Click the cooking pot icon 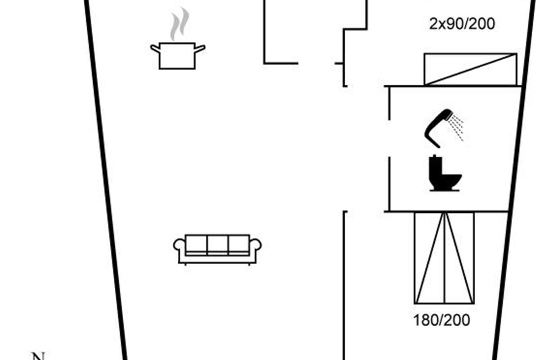click(177, 56)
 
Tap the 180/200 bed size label click(441, 320)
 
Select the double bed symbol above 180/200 click(444, 257)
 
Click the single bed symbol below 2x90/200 click(471, 69)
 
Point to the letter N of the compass click(39, 356)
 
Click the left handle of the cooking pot click(154, 48)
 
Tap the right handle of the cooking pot click(200, 48)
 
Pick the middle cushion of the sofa click(217, 244)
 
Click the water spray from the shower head click(457, 126)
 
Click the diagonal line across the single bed click(471, 69)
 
